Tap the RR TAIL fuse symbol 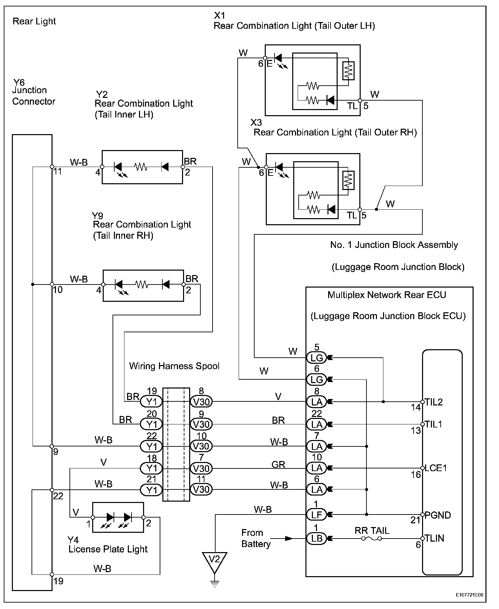pos(372,538)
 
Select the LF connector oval pos(316,514)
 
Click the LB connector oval pos(316,538)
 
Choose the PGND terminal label pos(438,515)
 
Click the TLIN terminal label pos(434,538)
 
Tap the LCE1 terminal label pos(436,468)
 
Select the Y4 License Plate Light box pos(118,517)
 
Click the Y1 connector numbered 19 pos(152,402)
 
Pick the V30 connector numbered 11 pos(201,489)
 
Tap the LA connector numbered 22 pos(316,424)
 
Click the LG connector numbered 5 pos(316,357)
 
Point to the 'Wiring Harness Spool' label pos(174,366)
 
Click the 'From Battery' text pos(256,538)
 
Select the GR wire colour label pos(278,464)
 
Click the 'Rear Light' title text pos(34,21)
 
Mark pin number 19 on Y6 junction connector pos(58,581)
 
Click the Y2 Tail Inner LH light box pos(142,167)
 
